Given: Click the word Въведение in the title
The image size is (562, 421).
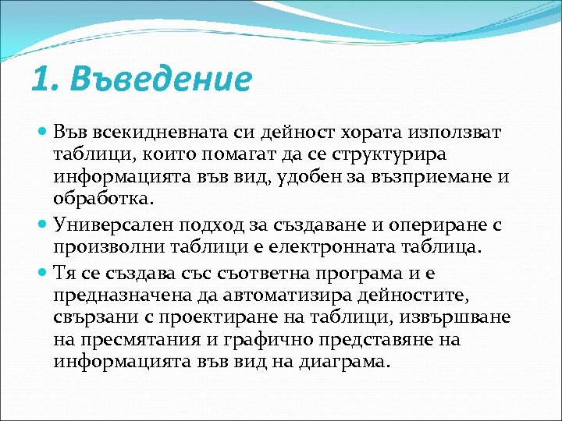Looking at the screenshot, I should pyautogui.click(x=161, y=80).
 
